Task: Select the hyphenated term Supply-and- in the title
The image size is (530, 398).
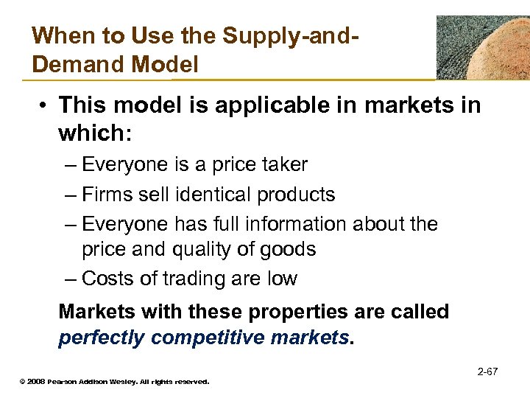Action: [303, 35]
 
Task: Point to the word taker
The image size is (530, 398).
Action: [281, 164]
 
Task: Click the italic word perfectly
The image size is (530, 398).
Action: [100, 338]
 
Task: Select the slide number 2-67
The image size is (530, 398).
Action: [487, 371]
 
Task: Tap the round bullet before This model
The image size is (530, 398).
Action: [43, 105]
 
